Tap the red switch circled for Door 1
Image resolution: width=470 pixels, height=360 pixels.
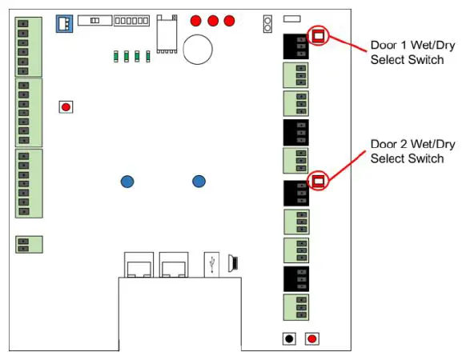(x=319, y=35)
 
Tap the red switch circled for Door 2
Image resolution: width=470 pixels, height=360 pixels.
(x=319, y=181)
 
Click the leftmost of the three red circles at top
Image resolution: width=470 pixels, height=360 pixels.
(x=196, y=20)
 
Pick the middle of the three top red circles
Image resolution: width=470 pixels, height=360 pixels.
(x=213, y=20)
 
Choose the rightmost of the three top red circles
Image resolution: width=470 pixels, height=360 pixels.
(x=230, y=20)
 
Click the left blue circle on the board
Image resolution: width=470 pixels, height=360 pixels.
(x=127, y=182)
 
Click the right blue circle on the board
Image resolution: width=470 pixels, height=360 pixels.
(x=199, y=182)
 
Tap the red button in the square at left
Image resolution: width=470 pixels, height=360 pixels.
(x=66, y=106)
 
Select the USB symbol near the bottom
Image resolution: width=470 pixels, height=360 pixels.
(x=211, y=263)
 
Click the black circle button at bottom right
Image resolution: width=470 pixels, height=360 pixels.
(x=289, y=339)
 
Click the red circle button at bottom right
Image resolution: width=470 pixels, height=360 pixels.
(x=312, y=339)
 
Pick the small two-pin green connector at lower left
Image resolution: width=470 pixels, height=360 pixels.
(x=29, y=244)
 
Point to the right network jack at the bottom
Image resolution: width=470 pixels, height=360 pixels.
(x=172, y=265)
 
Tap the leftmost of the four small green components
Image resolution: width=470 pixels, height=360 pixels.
(x=118, y=56)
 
